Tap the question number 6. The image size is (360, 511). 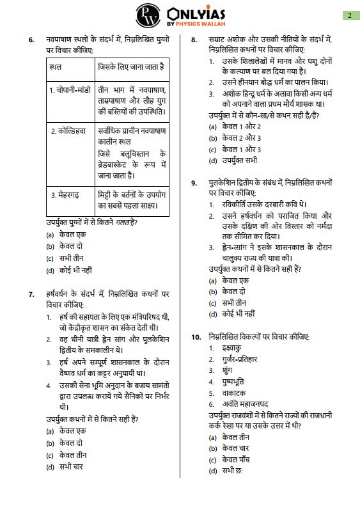pos(31,40)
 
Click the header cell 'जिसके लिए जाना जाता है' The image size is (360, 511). pos(130,66)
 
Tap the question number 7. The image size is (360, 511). pos(31,294)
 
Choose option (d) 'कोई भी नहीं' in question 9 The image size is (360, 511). pos(238,314)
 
